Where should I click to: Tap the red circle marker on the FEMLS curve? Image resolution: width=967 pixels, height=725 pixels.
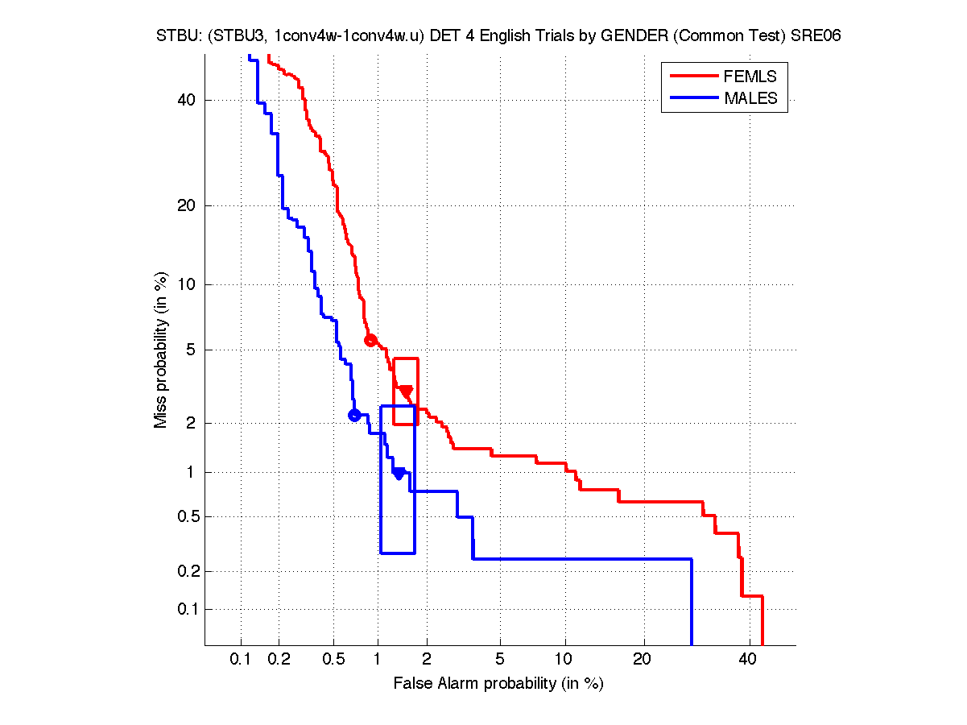(x=370, y=340)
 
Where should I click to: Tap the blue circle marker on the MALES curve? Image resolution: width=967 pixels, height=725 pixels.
(x=354, y=415)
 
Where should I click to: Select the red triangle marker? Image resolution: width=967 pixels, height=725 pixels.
(x=406, y=391)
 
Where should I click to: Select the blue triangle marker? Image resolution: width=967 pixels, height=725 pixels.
(x=399, y=473)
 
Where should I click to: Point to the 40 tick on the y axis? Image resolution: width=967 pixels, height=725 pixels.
(x=186, y=100)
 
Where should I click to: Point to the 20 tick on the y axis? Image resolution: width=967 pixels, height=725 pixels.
(x=186, y=205)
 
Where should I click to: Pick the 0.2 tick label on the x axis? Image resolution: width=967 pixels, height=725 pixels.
(x=279, y=660)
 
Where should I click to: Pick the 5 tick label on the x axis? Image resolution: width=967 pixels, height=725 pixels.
(x=500, y=660)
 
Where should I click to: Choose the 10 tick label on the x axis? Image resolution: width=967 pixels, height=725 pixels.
(x=565, y=660)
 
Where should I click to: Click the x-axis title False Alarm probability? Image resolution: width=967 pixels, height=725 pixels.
(x=498, y=684)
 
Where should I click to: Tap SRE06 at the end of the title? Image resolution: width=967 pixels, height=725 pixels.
(x=815, y=37)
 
